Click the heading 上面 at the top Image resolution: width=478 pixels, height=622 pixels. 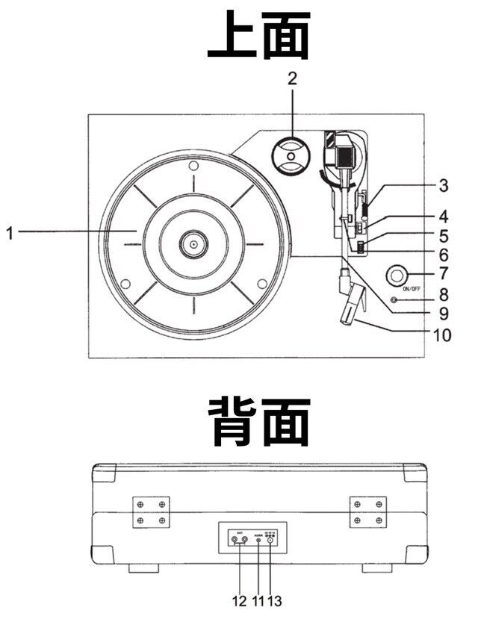coord(258,37)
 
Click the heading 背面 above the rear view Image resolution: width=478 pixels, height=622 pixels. coord(258,421)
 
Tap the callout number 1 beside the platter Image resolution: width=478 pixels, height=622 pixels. coord(10,233)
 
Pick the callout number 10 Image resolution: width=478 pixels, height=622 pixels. coord(441,335)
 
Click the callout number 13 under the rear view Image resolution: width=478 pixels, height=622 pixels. coord(275,599)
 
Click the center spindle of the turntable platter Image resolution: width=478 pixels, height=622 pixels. coord(193,243)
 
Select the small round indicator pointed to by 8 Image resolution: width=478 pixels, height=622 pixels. coord(394,300)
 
